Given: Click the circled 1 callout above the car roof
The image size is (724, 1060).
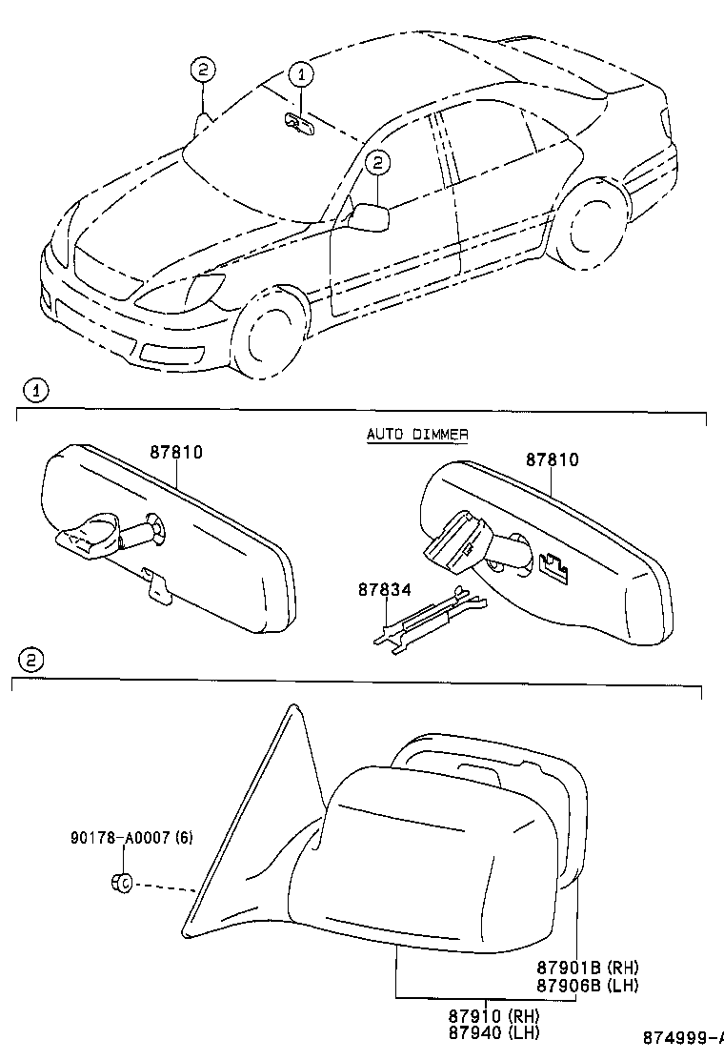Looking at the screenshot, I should [x=300, y=72].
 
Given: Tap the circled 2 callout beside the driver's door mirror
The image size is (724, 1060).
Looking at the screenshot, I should [x=376, y=164].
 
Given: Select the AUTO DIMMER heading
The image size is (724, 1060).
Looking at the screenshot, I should [x=417, y=435].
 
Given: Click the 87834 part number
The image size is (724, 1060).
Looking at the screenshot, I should [x=385, y=590].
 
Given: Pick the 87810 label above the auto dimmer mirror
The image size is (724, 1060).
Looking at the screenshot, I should [x=553, y=459].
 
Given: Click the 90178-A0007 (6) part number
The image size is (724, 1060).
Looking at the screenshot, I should [x=131, y=838].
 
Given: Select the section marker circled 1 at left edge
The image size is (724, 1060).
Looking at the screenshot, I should [x=34, y=390].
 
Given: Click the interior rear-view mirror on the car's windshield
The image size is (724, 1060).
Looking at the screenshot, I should [x=299, y=122].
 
